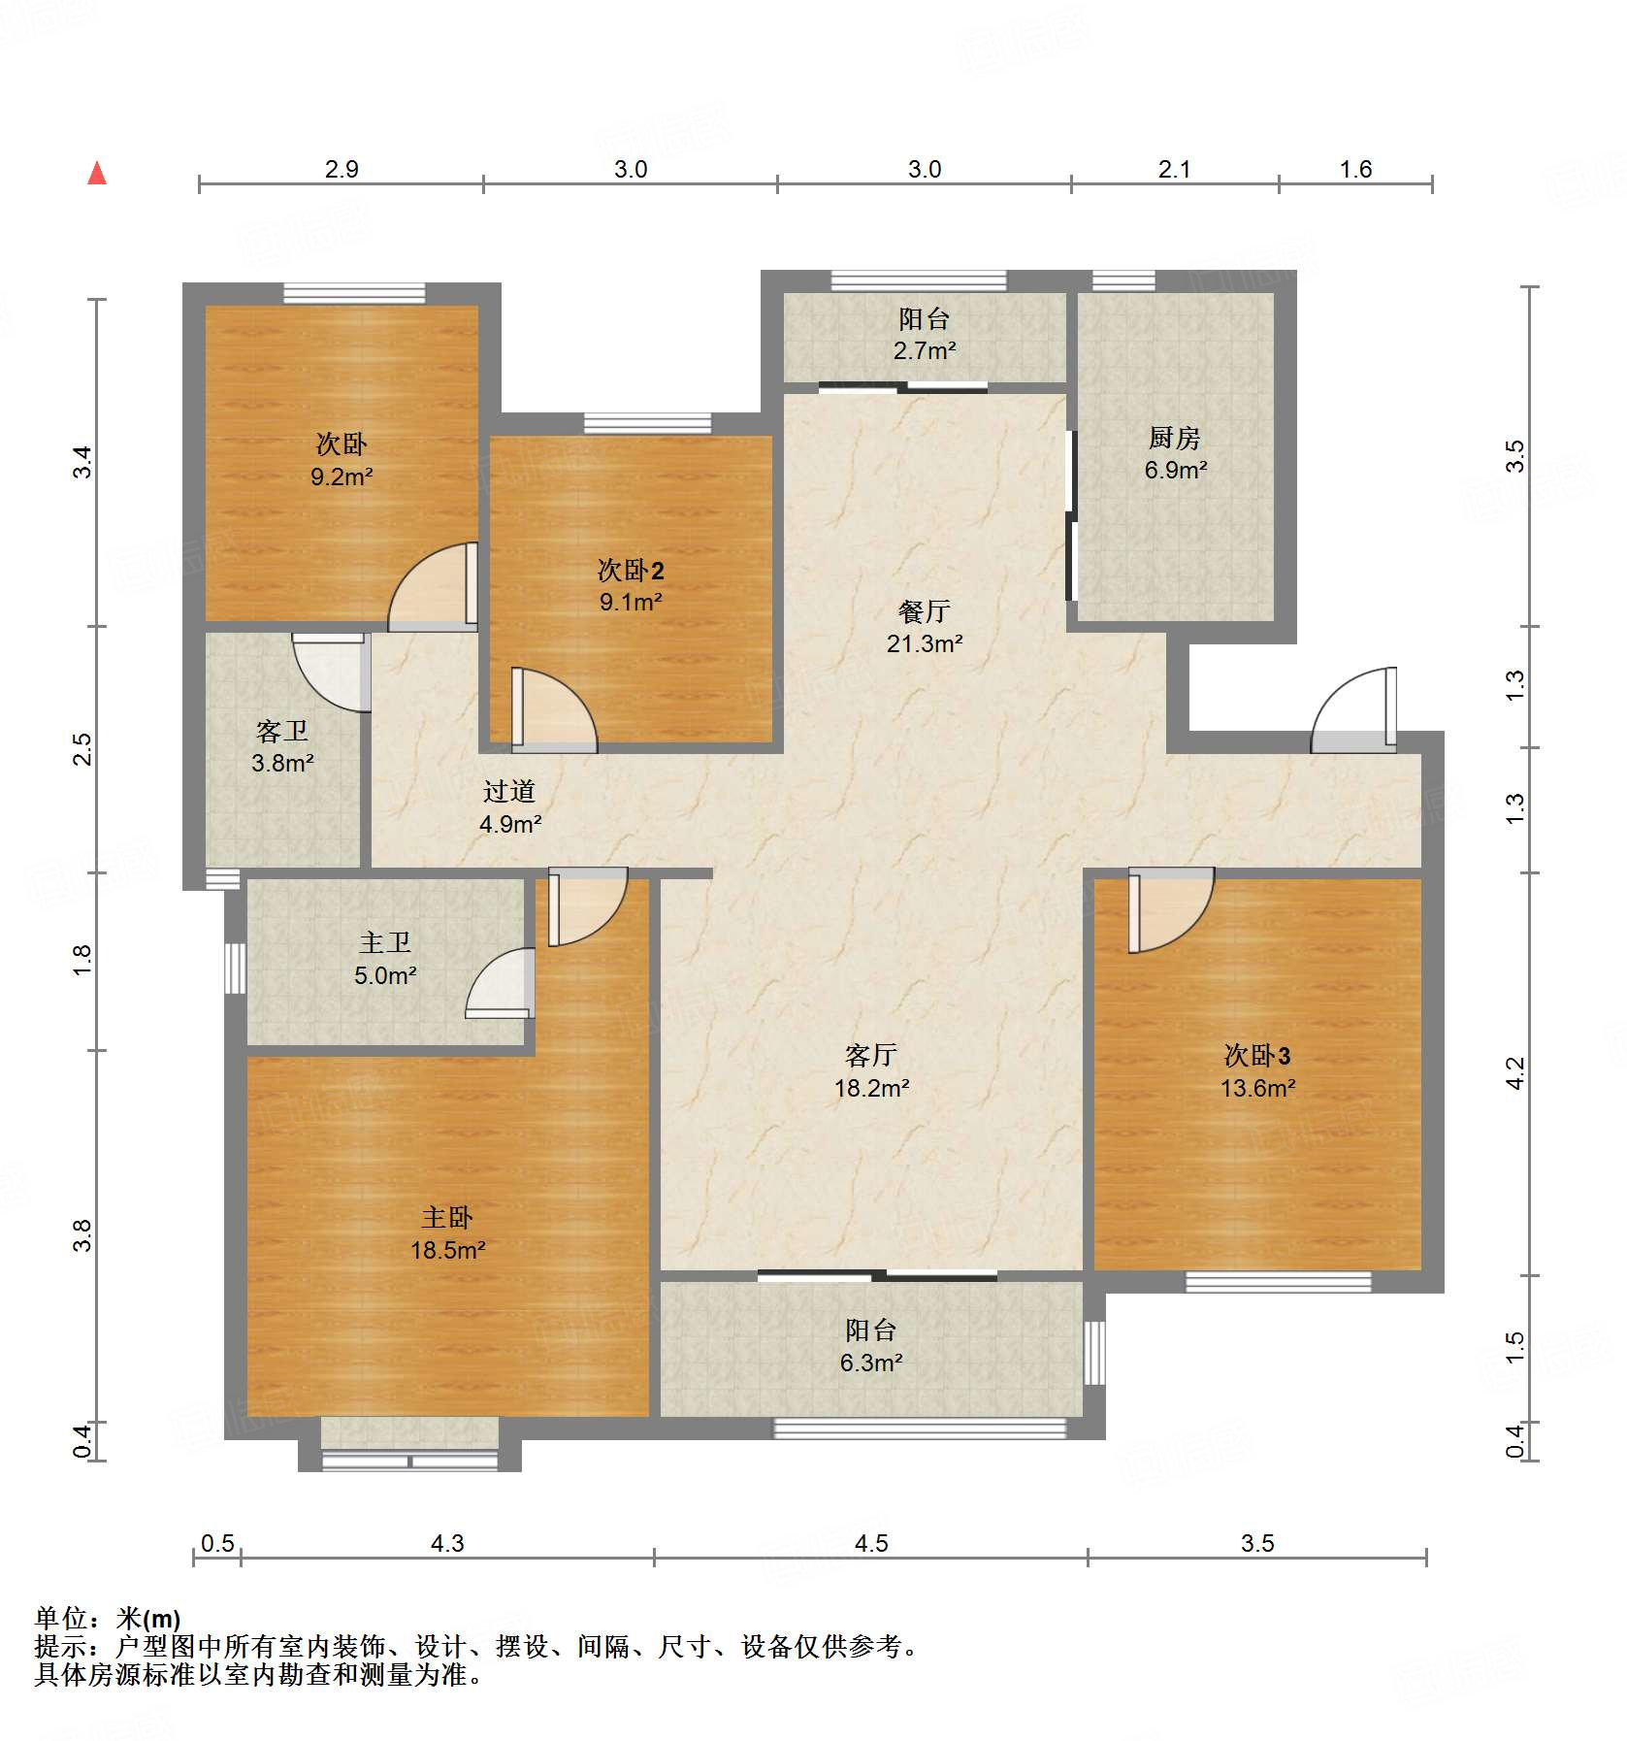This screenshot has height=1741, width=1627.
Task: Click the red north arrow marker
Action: pyautogui.click(x=97, y=174)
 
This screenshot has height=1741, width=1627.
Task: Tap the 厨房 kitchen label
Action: pyautogui.click(x=1174, y=439)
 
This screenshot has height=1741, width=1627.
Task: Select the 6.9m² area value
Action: pyautogui.click(x=1175, y=471)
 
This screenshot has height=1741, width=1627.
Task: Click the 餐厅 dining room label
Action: pyautogui.click(x=923, y=611)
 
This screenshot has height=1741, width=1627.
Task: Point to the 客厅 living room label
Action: pyautogui.click(x=870, y=1056)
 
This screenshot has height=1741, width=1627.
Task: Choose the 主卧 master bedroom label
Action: pyautogui.click(x=446, y=1218)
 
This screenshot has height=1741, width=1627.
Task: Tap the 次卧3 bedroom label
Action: pyautogui.click(x=1256, y=1056)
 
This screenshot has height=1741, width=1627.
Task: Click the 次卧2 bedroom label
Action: pyautogui.click(x=630, y=571)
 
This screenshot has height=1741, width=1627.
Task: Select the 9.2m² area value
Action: pyautogui.click(x=341, y=476)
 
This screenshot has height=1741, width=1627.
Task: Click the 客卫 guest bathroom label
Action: pyautogui.click(x=281, y=731)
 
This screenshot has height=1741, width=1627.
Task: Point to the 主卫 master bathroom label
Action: pyautogui.click(x=385, y=942)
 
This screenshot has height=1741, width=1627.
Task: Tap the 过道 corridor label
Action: pyautogui.click(x=508, y=792)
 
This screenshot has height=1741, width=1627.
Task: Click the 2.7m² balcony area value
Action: pyautogui.click(x=924, y=351)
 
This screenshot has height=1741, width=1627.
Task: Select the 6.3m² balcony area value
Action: pyautogui.click(x=870, y=1363)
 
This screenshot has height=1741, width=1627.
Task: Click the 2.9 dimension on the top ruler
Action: pyautogui.click(x=341, y=170)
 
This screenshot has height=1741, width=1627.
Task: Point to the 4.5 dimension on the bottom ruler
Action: pyautogui.click(x=870, y=1543)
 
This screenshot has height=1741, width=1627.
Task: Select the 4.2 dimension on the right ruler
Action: pyautogui.click(x=1515, y=1073)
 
